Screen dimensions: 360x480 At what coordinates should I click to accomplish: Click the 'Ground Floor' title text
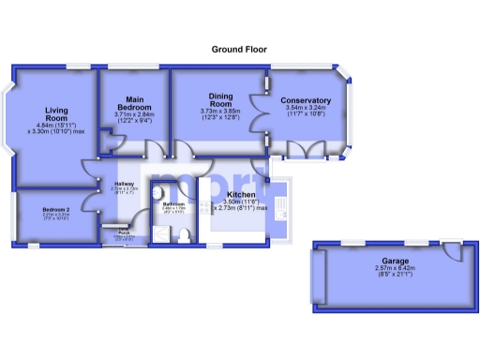(239, 49)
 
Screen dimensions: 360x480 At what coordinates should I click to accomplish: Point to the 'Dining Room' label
(220, 100)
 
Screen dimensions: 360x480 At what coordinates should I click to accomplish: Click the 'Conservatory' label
(306, 100)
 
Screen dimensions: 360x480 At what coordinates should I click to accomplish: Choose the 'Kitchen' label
(241, 194)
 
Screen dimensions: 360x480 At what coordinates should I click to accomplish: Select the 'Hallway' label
(125, 184)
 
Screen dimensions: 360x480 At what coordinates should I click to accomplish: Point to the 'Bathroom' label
(174, 203)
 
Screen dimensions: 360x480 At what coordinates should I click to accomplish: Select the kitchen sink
(284, 217)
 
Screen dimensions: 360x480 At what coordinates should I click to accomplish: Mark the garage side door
(455, 251)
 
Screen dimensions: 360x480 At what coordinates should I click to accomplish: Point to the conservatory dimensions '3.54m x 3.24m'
(306, 108)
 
